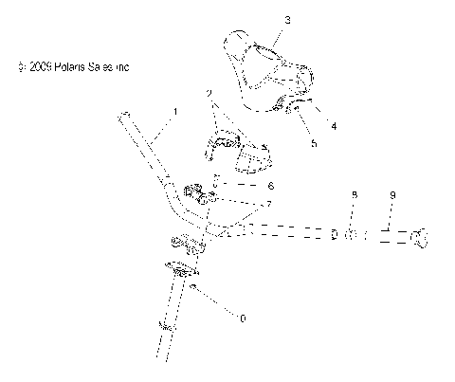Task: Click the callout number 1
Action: (175, 111)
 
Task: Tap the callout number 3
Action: (262, 20)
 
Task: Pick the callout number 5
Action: (314, 144)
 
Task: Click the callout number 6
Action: (270, 186)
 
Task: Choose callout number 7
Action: (270, 205)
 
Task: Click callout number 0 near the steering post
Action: (244, 318)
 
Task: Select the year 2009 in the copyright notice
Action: (39, 68)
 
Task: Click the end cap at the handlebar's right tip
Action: (419, 239)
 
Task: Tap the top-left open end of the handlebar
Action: (124, 117)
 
